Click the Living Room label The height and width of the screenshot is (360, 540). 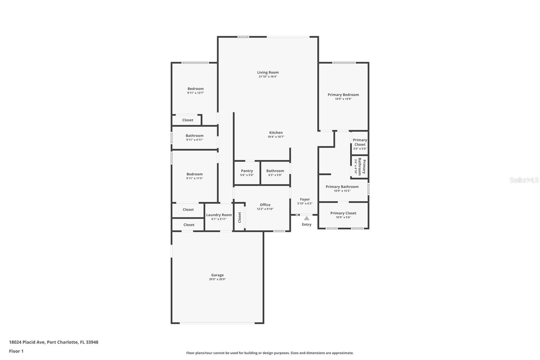pos(268,72)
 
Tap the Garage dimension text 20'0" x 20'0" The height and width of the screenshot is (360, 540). pos(217,279)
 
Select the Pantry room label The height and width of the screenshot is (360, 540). pos(247,171)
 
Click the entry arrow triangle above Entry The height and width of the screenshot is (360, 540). pos(306,218)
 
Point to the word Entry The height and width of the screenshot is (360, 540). pos(306,225)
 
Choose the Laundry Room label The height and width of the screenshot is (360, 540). pos(219,215)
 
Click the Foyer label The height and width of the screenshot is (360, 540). pos(305,199)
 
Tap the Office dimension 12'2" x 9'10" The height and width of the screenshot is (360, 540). pos(265,209)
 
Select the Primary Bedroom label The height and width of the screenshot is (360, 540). pos(343,95)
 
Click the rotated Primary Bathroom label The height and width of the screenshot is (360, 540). pos(362,166)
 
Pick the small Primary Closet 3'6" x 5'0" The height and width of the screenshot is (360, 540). pos(360,142)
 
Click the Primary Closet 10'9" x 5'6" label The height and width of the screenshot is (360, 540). pos(343,213)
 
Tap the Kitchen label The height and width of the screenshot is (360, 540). pos(276,133)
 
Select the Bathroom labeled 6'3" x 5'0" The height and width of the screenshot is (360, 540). pos(275,171)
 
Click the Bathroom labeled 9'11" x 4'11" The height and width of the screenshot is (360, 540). pos(194,136)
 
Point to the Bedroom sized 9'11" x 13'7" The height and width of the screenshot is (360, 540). pos(195,89)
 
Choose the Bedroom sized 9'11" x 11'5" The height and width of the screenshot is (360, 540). pos(194,174)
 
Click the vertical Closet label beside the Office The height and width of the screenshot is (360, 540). pos(240,217)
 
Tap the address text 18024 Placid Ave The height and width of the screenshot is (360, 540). pos(27,342)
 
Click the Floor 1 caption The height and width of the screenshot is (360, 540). pos(16,351)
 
